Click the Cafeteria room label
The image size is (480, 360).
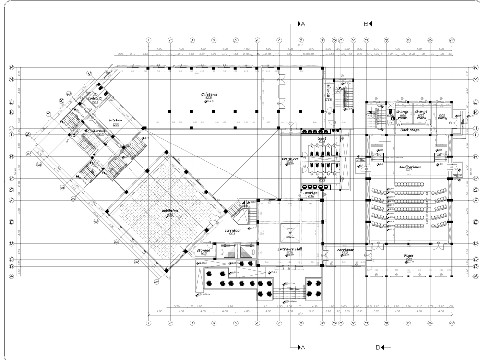pyautogui.click(x=210, y=95)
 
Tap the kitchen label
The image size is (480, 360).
pyautogui.click(x=116, y=120)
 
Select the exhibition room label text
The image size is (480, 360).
pyautogui.click(x=170, y=210)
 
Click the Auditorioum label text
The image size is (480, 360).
pyautogui.click(x=410, y=167)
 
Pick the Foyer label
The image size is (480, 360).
pyautogui.click(x=409, y=256)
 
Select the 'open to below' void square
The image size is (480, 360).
pyautogui.click(x=289, y=233)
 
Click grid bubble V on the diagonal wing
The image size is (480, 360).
pyautogui.click(x=89, y=73)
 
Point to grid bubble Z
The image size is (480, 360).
pyautogui.click(x=28, y=133)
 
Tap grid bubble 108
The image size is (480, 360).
pyautogui.click(x=156, y=282)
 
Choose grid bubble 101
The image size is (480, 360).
pyautogui.click(x=29, y=154)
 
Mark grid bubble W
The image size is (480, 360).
pyautogui.click(x=69, y=93)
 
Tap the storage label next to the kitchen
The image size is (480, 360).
pyautogui.click(x=99, y=130)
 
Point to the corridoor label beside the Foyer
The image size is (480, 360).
pyautogui.click(x=346, y=250)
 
